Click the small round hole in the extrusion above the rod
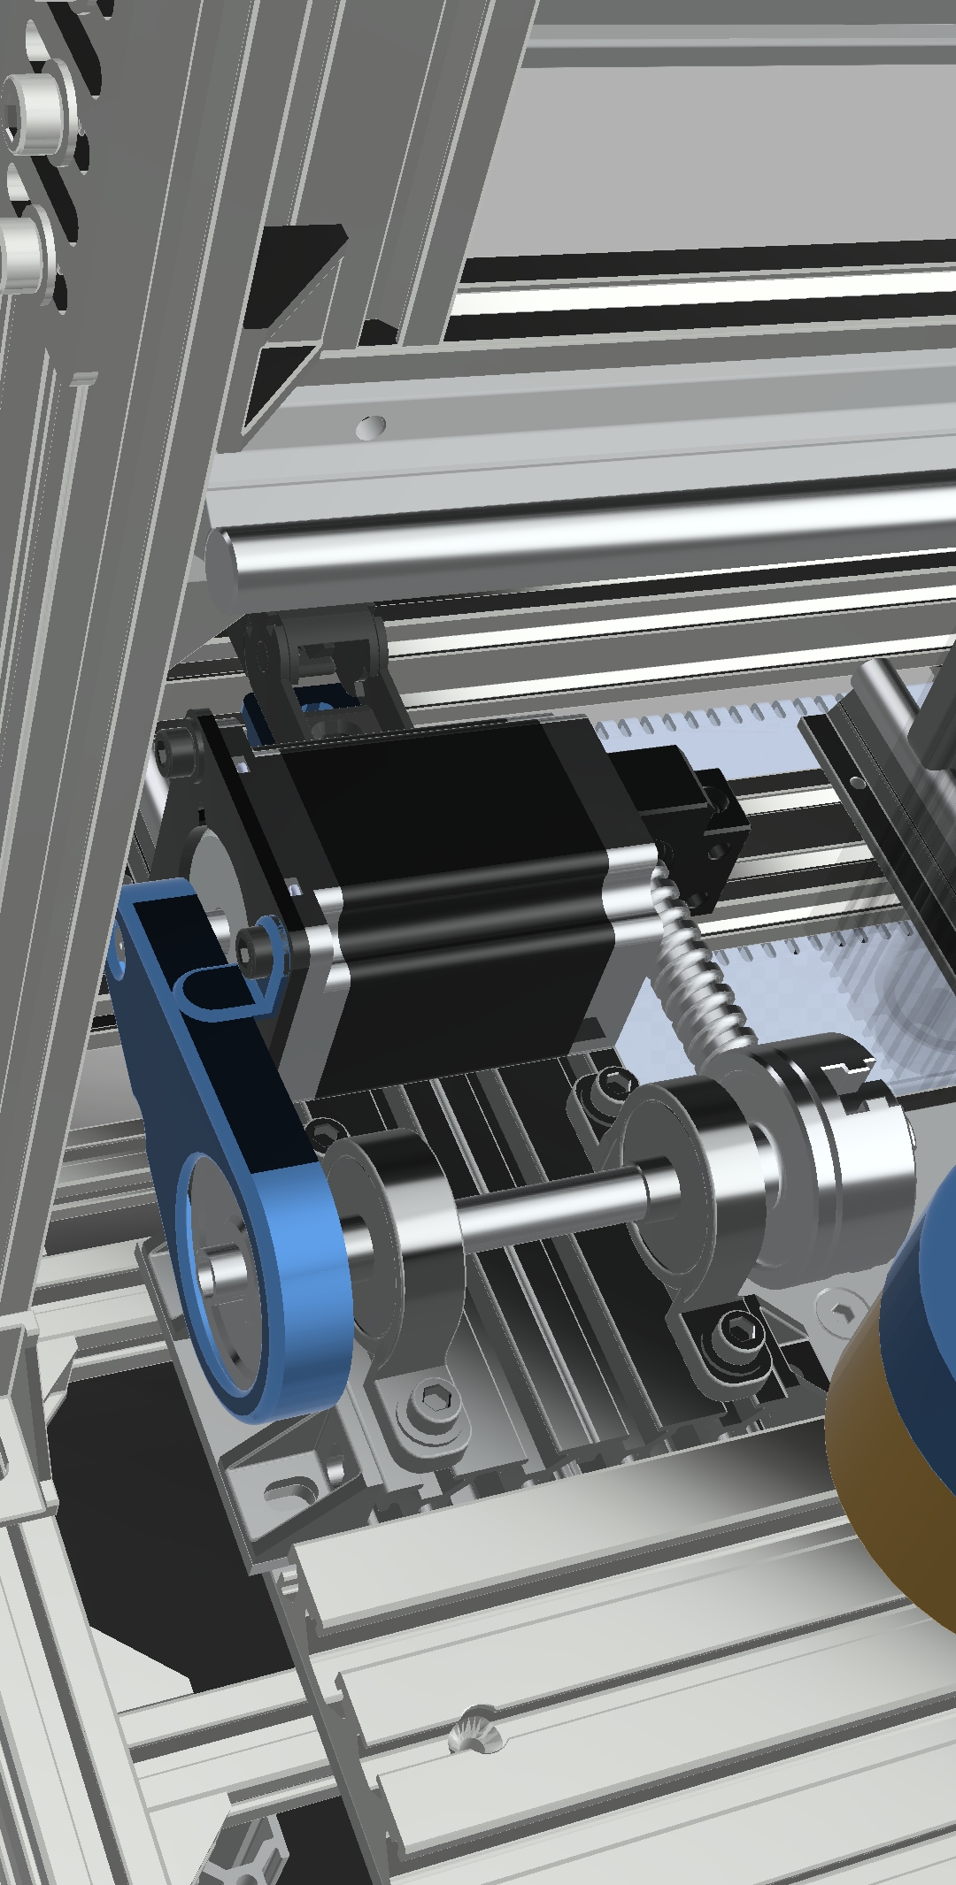[x=372, y=427]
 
